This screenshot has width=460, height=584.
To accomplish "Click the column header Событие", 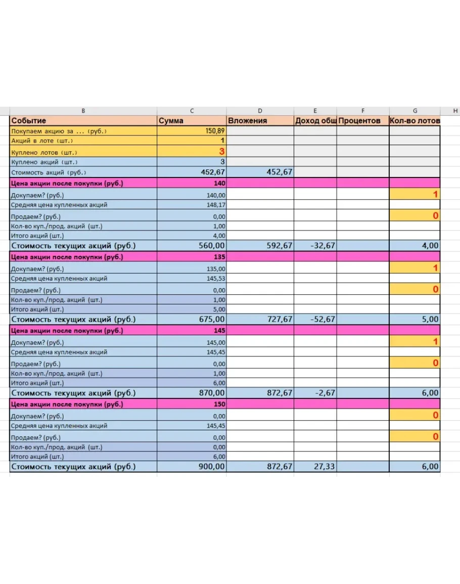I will pyautogui.click(x=29, y=121).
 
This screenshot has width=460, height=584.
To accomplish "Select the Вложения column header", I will pyautogui.click(x=247, y=121).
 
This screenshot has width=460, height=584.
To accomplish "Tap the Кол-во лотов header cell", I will pyautogui.click(x=415, y=121).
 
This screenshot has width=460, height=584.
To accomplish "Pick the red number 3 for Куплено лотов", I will pyautogui.click(x=221, y=151).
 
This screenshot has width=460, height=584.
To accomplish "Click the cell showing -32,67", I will pyautogui.click(x=322, y=246).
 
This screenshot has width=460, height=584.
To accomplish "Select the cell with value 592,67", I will pyautogui.click(x=280, y=246).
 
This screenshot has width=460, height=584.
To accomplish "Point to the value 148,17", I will pyautogui.click(x=216, y=205).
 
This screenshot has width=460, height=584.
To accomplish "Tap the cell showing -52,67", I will pyautogui.click(x=322, y=320).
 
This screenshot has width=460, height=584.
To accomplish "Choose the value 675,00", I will pyautogui.click(x=212, y=320).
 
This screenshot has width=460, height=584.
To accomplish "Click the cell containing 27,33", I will pyautogui.click(x=324, y=467).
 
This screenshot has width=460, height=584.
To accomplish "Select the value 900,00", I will pyautogui.click(x=212, y=467).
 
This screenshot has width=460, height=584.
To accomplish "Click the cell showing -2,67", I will pyautogui.click(x=324, y=393).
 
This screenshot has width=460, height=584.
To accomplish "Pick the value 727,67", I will pyautogui.click(x=280, y=320).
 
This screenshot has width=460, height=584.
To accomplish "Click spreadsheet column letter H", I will pyautogui.click(x=455, y=111).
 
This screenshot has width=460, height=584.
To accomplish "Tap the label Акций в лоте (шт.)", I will pyautogui.click(x=42, y=141).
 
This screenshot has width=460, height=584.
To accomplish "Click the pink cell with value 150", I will pyautogui.click(x=219, y=405).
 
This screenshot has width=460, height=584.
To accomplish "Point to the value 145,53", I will pyautogui.click(x=216, y=279).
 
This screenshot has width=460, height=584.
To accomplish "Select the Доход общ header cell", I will pyautogui.click(x=315, y=121).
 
